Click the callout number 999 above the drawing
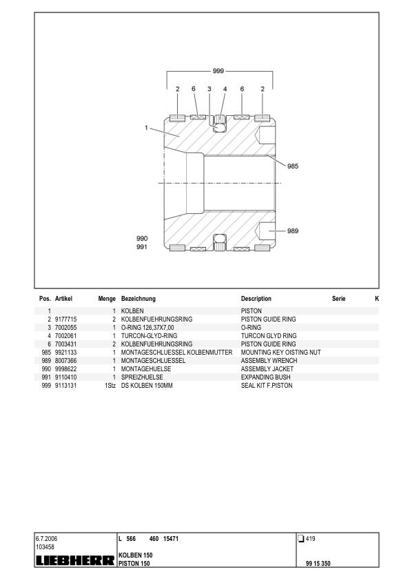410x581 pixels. click(218, 71)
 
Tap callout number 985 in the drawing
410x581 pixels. click(293, 166)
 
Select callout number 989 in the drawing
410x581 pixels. click(293, 230)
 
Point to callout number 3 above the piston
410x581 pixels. click(209, 89)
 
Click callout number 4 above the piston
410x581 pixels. click(225, 89)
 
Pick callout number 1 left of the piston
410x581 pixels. click(147, 128)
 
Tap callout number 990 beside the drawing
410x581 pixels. click(142, 238)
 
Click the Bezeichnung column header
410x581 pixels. click(139, 299)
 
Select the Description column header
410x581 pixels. click(256, 299)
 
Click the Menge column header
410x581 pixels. click(106, 299)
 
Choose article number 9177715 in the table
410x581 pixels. click(67, 320)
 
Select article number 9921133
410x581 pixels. click(67, 352)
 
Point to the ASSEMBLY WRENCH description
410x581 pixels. click(269, 360)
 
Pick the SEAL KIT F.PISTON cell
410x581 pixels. click(267, 385)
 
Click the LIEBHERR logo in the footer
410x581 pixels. click(74, 562)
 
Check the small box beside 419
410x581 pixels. click(300, 538)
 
